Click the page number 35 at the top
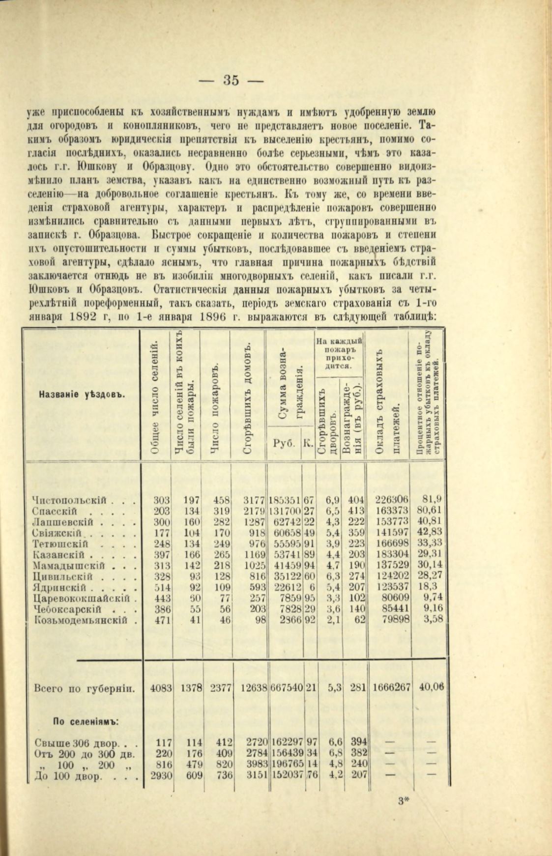click(x=231, y=80)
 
